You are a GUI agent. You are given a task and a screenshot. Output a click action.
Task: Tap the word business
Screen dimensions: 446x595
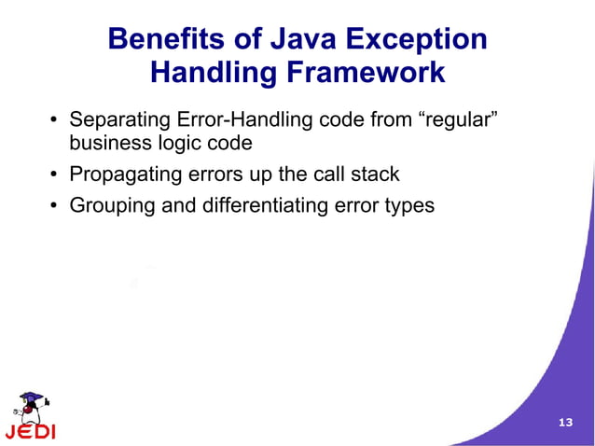(x=108, y=144)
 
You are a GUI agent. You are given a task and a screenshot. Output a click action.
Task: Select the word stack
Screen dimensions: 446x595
(x=375, y=174)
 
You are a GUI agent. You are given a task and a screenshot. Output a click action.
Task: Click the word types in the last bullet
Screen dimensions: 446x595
(x=409, y=204)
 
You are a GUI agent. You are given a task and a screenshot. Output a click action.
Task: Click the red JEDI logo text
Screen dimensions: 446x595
(x=30, y=432)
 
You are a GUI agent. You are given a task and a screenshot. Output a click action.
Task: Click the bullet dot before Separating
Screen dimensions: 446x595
(x=54, y=121)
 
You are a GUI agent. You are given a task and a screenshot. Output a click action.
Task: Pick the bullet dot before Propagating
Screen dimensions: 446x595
(x=54, y=174)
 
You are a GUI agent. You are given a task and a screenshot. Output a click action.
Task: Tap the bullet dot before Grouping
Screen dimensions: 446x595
(x=54, y=205)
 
